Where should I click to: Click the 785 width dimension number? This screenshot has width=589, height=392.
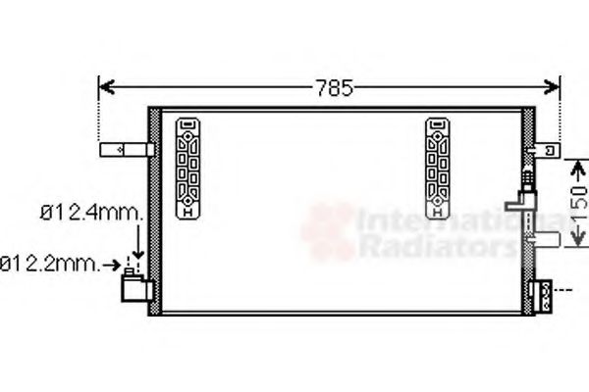[x=333, y=87]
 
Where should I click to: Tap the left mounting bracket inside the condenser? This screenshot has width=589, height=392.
[x=187, y=168]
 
